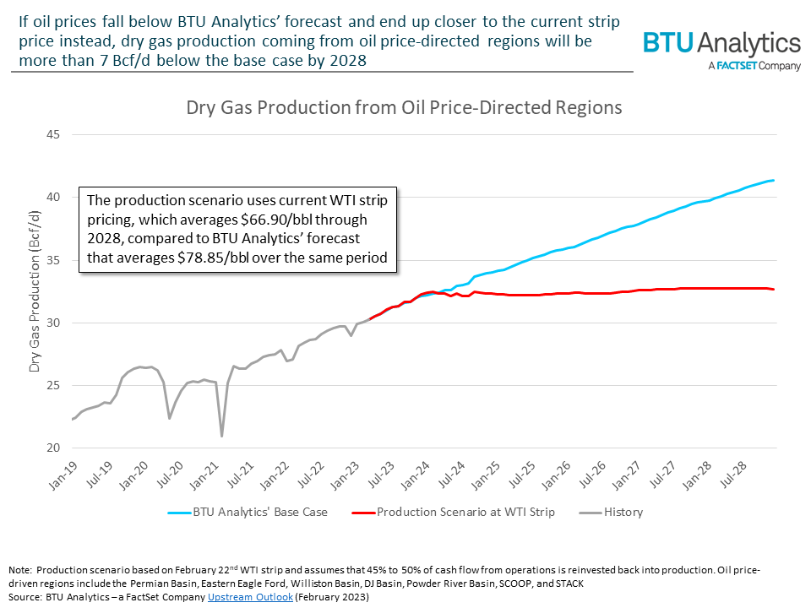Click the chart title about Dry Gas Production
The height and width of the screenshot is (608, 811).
[x=404, y=108]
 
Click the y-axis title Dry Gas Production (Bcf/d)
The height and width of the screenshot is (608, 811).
[x=35, y=291]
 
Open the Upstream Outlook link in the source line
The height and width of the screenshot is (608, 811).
[x=250, y=596]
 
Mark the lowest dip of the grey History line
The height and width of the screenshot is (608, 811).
[x=222, y=436]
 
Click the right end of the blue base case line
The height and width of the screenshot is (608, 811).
[x=774, y=180]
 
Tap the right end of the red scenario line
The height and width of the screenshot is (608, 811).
[x=774, y=290]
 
